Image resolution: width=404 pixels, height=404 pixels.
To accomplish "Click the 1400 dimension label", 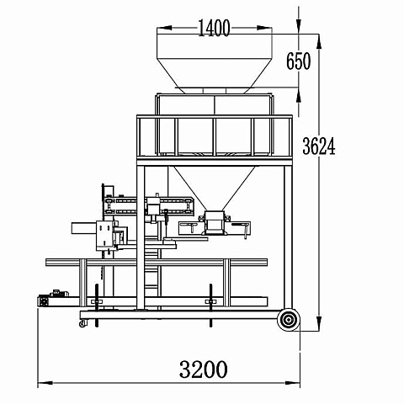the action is pos(214,28).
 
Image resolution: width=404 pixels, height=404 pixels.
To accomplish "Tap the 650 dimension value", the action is pos(299,61).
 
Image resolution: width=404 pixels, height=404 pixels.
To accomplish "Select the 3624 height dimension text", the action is pos(319,146).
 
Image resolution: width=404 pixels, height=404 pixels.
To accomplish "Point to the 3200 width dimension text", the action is pos(203,369).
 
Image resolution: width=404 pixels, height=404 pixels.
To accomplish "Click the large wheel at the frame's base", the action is pos(289,320).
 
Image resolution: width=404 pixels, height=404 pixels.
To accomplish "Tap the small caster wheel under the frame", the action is pos(83,324).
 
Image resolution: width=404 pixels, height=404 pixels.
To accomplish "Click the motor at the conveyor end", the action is pos(53,299).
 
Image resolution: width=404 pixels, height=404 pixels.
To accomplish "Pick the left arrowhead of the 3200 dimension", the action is pos(45,383).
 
